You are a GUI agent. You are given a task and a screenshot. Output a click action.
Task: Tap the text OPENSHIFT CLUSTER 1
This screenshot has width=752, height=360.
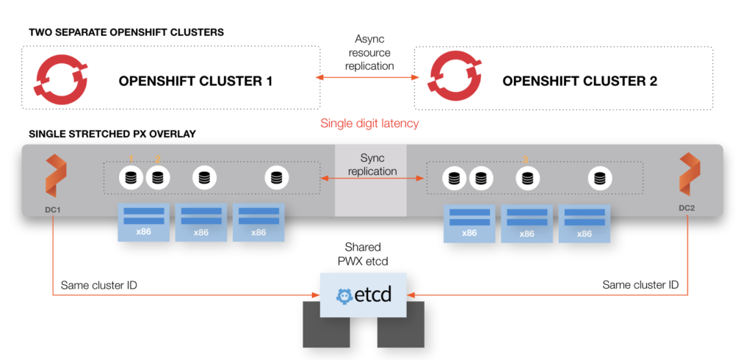(195, 81)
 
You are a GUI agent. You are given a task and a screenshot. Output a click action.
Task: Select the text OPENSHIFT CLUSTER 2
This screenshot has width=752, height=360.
(579, 81)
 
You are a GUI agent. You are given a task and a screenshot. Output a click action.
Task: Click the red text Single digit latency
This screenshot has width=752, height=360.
(369, 123)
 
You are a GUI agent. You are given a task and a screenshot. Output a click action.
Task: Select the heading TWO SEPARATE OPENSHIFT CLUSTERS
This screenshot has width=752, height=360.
(126, 33)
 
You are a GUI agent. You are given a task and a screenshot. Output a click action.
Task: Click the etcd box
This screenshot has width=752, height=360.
(363, 295)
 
